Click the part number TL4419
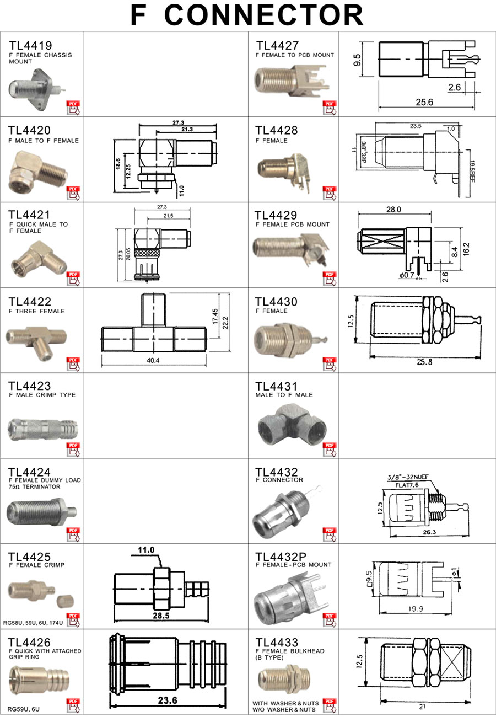(x=30, y=45)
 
